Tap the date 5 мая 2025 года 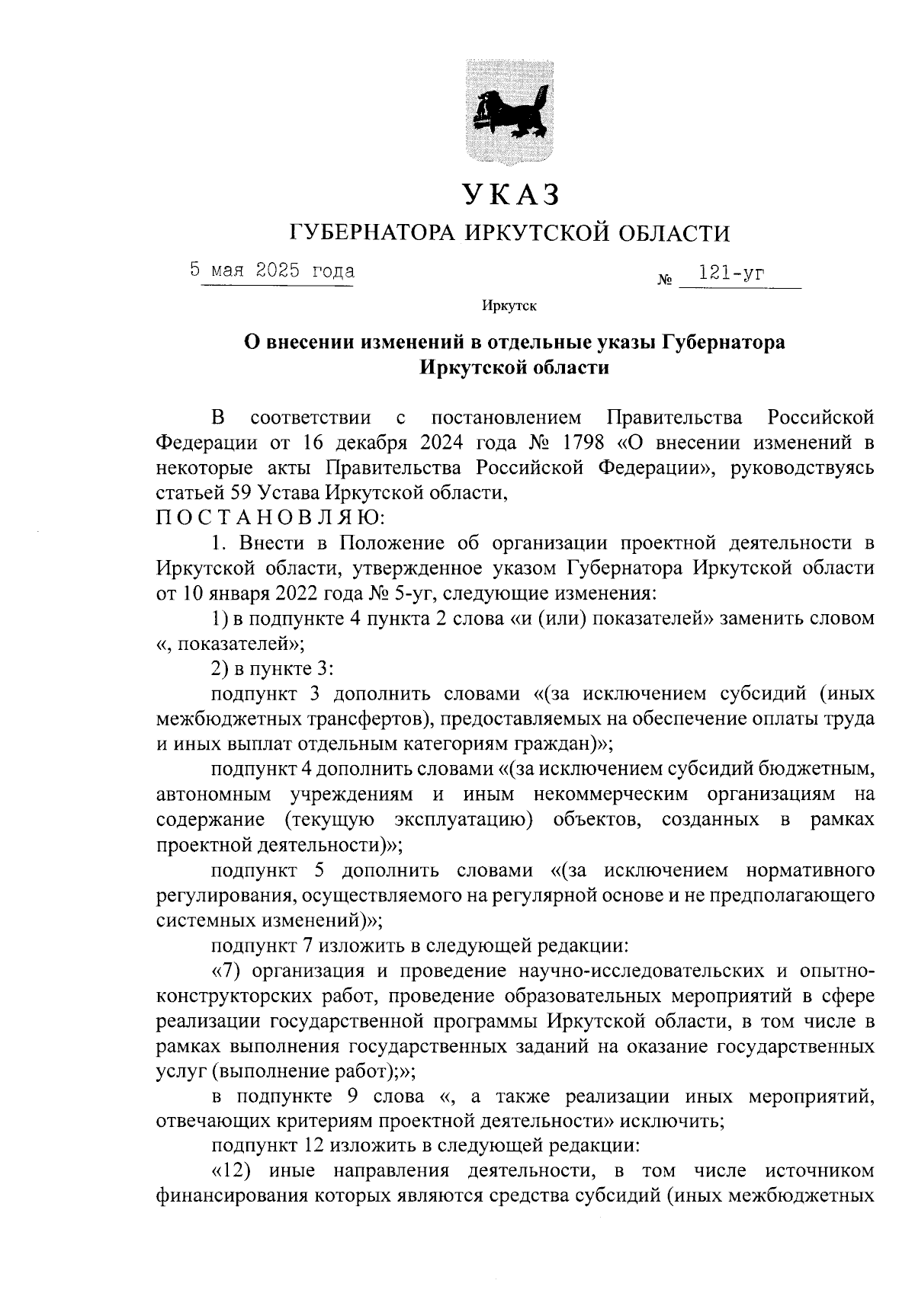[x=273, y=270]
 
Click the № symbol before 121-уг [x=664, y=280]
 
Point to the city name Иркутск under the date [x=509, y=306]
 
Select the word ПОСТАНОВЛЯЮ [x=271, y=517]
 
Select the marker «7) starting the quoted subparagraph [x=226, y=971]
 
